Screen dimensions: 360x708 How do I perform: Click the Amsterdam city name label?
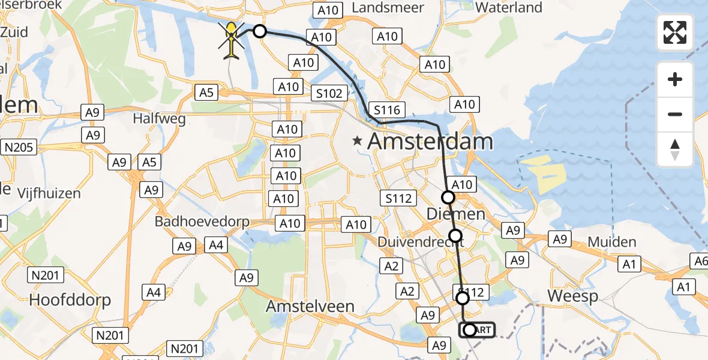(x=430, y=142)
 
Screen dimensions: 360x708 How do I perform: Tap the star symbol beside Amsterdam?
(x=358, y=142)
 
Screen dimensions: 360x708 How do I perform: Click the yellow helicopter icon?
(x=231, y=40)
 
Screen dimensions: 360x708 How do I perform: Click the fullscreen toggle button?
(x=675, y=32)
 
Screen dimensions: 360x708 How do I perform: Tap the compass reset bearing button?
(x=675, y=149)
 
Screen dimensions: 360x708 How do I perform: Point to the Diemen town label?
(x=455, y=214)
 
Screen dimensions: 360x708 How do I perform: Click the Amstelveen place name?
(x=310, y=306)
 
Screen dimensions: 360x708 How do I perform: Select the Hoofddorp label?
(x=70, y=299)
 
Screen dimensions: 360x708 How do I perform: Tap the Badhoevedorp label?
(x=202, y=221)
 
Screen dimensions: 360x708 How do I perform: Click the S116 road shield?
(x=387, y=110)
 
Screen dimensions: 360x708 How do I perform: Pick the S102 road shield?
(x=331, y=93)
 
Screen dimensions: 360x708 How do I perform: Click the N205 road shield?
(x=20, y=147)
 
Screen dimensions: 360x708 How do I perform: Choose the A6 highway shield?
(x=700, y=260)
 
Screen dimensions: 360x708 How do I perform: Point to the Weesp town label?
(x=573, y=296)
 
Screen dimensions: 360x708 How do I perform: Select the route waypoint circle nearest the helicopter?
(x=260, y=31)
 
